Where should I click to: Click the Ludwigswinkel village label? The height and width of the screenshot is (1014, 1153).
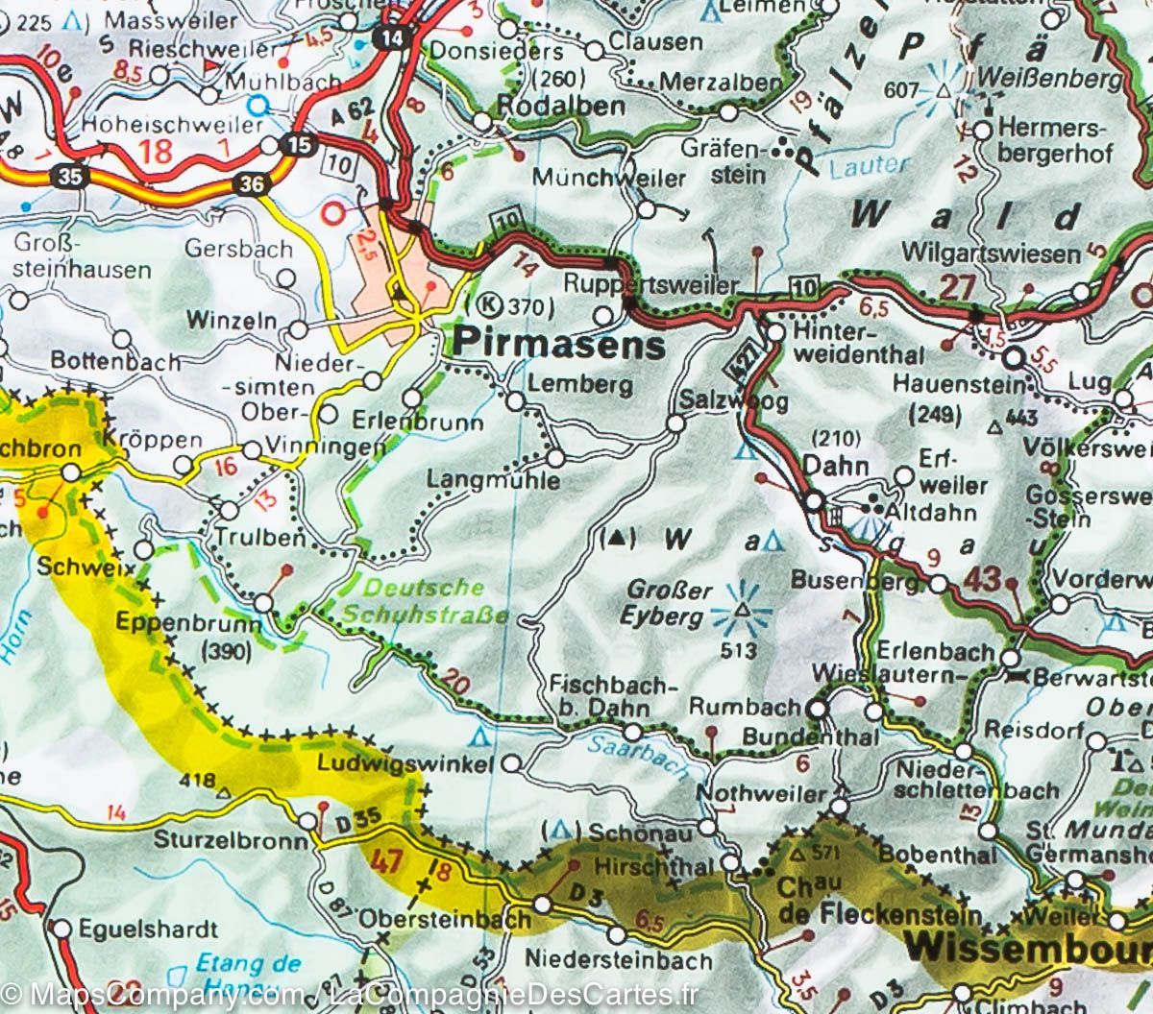[405, 765]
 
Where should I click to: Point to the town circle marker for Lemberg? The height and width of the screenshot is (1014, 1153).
[517, 401]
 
